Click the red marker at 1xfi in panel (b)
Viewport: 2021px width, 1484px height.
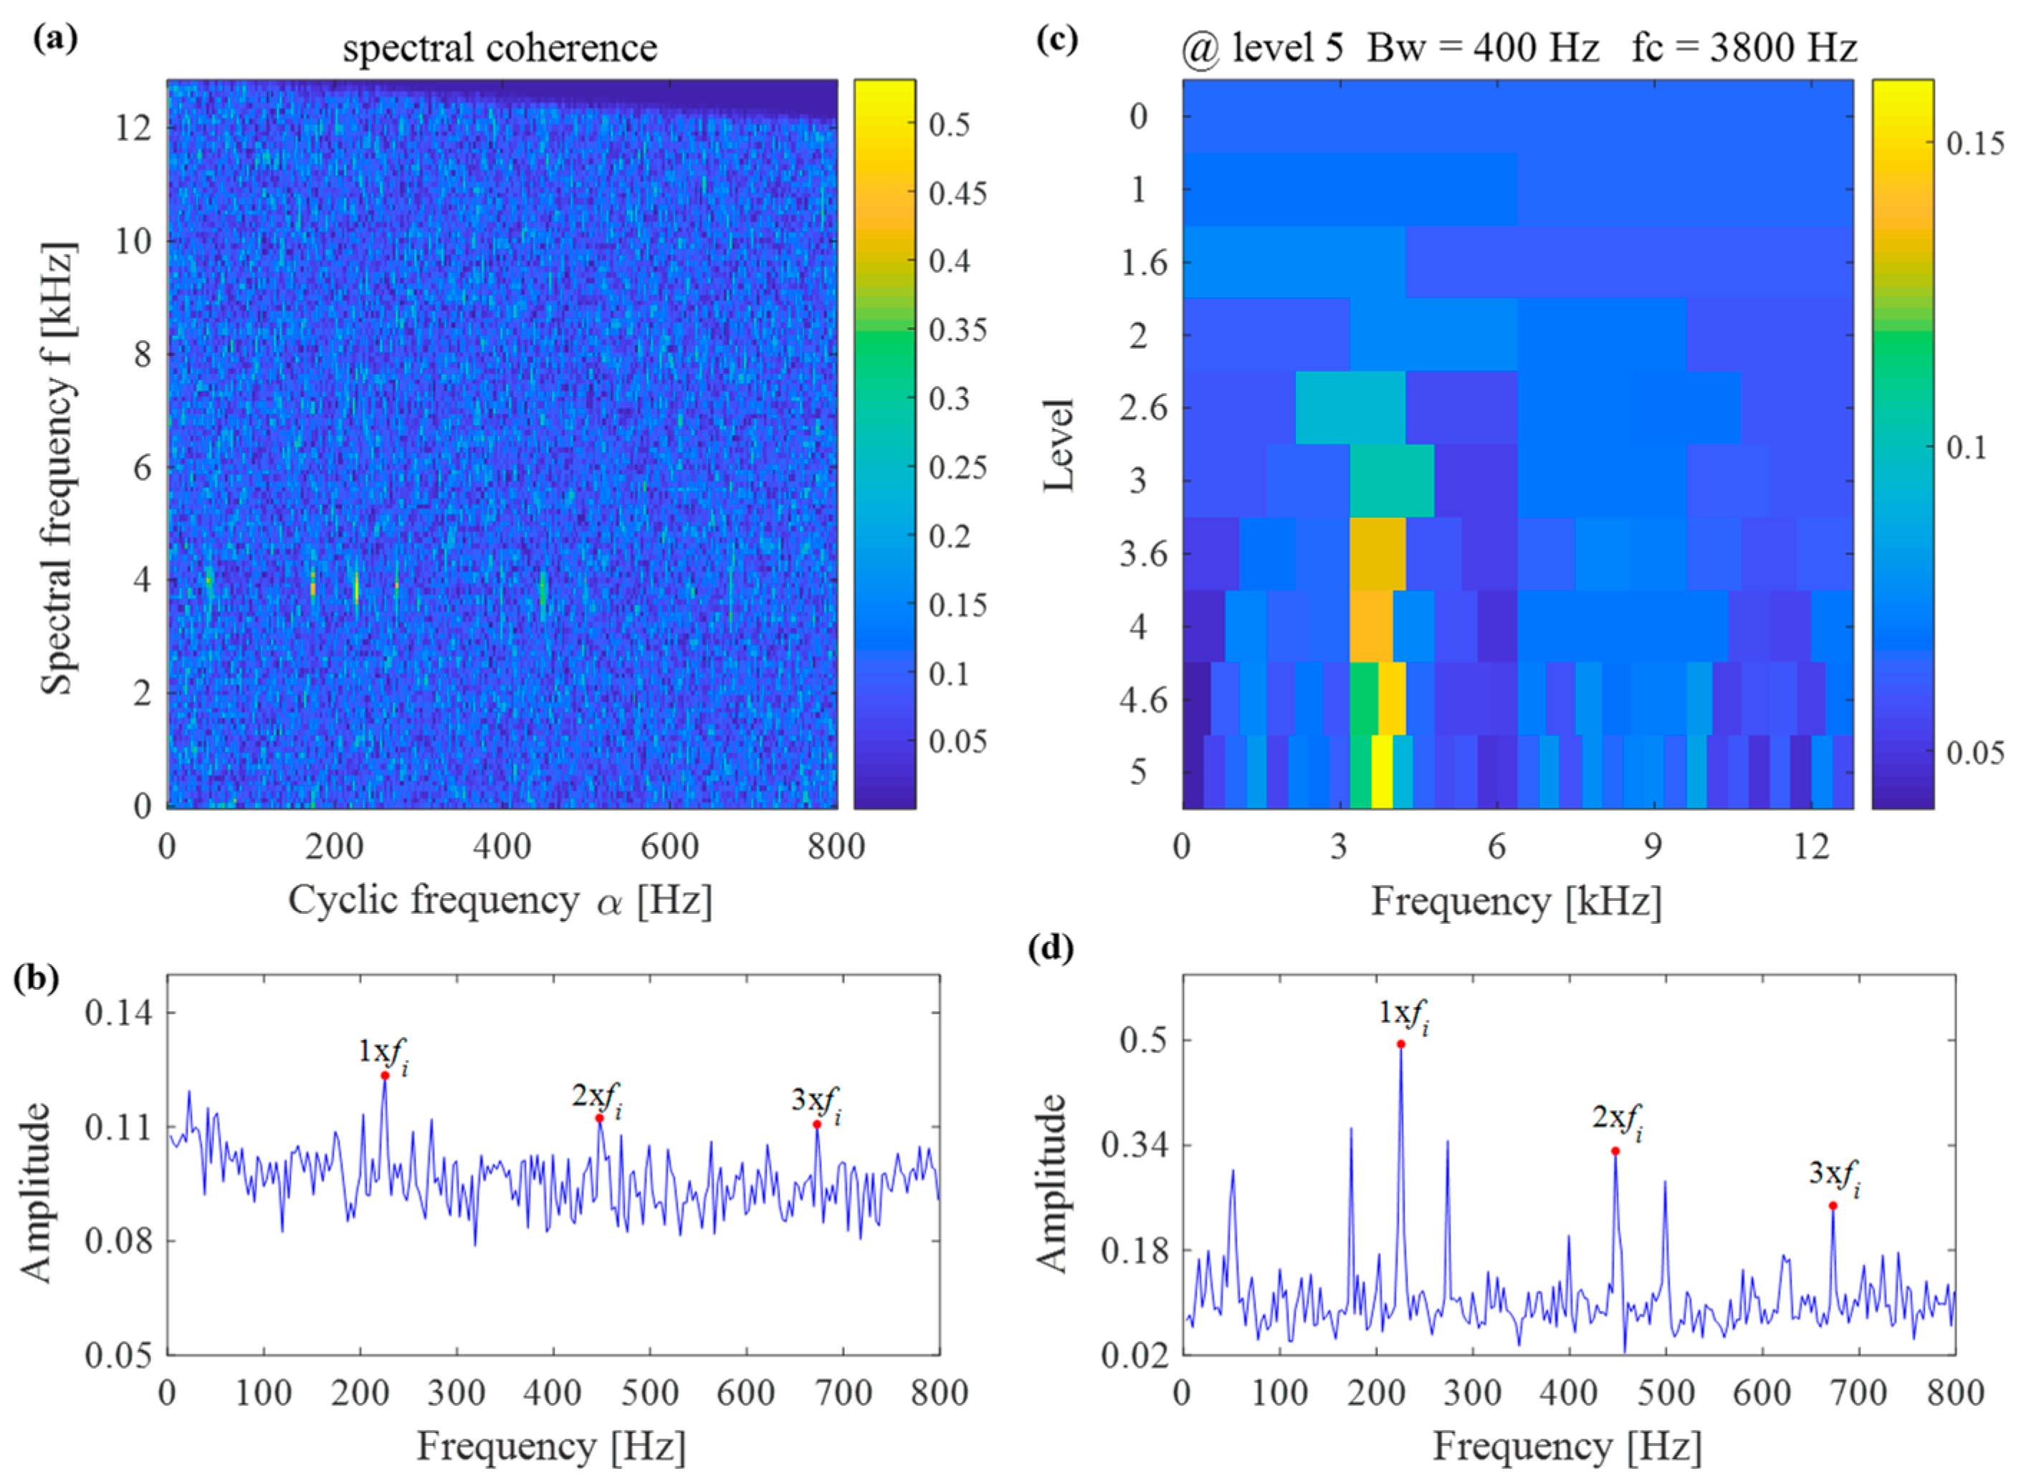385,1075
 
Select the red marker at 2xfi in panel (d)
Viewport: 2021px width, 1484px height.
1615,1151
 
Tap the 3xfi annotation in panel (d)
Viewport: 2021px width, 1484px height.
1833,1177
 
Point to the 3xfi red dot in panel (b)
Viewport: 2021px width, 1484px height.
817,1124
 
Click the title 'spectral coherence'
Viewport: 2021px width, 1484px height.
500,47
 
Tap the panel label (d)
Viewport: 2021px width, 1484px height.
1050,948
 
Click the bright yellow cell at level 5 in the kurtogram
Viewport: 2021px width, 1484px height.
1381,771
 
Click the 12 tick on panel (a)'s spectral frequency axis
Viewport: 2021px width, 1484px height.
132,127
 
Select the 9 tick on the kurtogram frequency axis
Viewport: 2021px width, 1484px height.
1653,846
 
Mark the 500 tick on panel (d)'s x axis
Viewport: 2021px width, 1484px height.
1664,1393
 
